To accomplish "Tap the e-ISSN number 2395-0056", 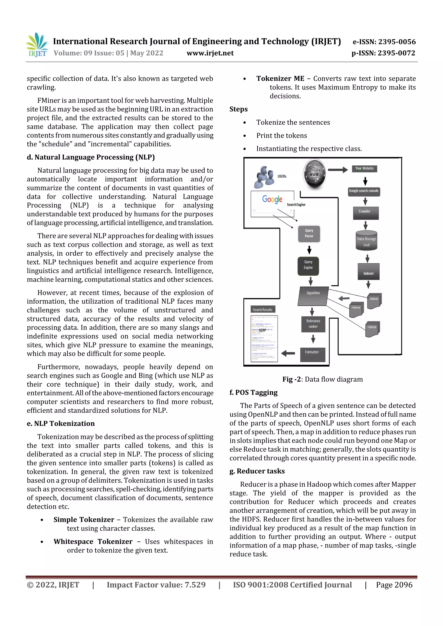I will pyautogui.click(x=384, y=42).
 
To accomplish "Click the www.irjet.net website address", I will pyautogui.click(x=210, y=53).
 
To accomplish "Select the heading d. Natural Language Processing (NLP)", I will pyautogui.click(x=91, y=157).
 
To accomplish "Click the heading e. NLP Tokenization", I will pyautogui.click(x=61, y=424).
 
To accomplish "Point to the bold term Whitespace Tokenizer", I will pyautogui.click(x=93, y=542).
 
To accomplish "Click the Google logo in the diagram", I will pyautogui.click(x=272, y=199).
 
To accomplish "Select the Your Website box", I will pyautogui.click(x=364, y=169).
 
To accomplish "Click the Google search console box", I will pyautogui.click(x=364, y=191).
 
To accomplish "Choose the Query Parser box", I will pyautogui.click(x=309, y=233).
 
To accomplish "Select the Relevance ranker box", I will pyautogui.click(x=313, y=324).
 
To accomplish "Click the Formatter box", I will pyautogui.click(x=312, y=354).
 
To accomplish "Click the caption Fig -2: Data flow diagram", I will pyautogui.click(x=322, y=379).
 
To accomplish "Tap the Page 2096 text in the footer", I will pyautogui.click(x=394, y=585).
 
